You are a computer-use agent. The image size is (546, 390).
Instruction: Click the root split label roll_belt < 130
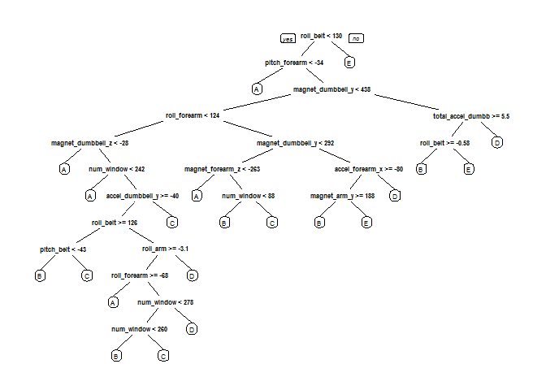pos(321,37)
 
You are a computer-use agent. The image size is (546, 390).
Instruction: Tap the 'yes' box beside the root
pos(287,38)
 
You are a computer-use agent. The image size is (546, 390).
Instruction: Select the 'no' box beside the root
pos(356,38)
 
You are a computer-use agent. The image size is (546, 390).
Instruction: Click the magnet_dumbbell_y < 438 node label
pos(332,89)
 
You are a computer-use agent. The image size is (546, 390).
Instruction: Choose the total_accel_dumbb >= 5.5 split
pos(471,116)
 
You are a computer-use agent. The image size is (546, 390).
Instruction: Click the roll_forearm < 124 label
pos(193,116)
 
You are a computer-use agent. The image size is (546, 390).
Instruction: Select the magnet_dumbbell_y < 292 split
pos(296,143)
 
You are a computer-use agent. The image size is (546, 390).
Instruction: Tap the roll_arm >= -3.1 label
pos(165,249)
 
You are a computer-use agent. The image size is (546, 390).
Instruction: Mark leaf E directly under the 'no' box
pos(349,63)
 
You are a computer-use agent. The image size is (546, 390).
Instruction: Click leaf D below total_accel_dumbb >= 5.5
pos(497,143)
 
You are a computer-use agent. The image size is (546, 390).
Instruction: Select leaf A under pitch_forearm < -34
pos(257,89)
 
